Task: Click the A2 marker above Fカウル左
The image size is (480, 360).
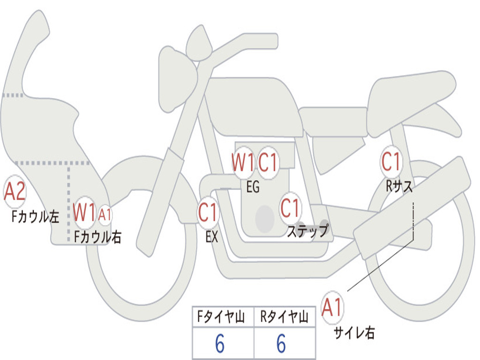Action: tap(15, 192)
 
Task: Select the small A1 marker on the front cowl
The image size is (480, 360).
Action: tap(105, 215)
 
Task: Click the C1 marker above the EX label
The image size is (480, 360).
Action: tap(208, 212)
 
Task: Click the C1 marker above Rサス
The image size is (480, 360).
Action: tap(390, 162)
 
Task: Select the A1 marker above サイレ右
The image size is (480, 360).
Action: tap(332, 308)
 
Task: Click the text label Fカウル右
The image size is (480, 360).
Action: tap(97, 236)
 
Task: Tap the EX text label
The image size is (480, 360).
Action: tap(212, 237)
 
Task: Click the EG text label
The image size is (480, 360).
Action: tap(253, 187)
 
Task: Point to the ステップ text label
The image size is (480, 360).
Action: tap(307, 231)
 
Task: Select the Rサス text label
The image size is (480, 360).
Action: tap(399, 187)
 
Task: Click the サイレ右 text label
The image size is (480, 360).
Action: tap(354, 333)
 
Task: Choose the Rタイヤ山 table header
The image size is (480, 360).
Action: tap(284, 317)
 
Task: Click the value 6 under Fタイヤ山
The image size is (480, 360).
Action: tap(219, 344)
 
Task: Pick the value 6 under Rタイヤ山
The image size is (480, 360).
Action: tap(281, 344)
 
